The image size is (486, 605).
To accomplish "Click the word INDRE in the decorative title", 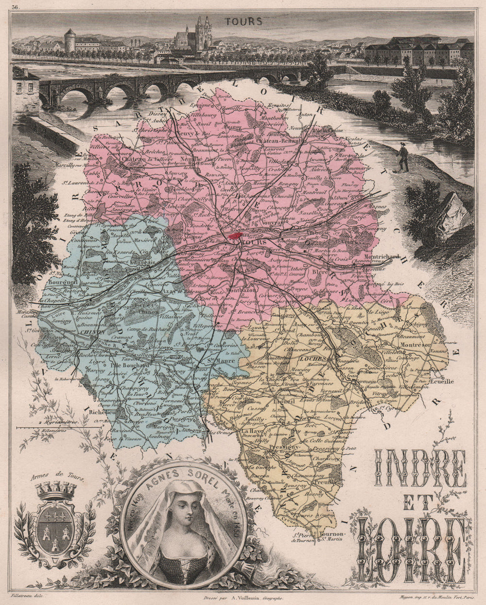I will point(420,468).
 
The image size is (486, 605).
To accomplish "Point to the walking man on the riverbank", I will point(403,157).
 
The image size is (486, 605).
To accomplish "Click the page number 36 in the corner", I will point(16,6).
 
